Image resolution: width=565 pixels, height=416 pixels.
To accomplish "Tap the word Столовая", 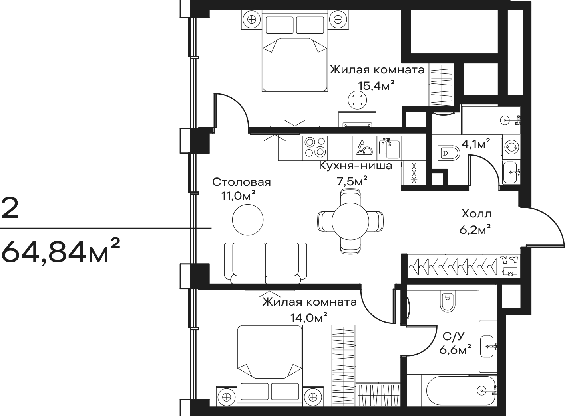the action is (x=241, y=182).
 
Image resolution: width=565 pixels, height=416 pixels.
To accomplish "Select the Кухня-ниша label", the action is (x=356, y=166).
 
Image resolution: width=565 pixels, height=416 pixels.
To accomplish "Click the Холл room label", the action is (x=477, y=214).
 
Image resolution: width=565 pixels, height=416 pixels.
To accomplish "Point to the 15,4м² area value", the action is (x=376, y=86).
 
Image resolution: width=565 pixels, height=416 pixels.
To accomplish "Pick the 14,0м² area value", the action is (x=309, y=318).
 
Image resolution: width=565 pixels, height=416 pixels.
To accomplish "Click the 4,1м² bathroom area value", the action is (x=476, y=144).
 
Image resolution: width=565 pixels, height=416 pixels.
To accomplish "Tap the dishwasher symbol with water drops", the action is (x=364, y=148).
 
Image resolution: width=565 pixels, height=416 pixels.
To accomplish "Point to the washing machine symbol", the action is (x=511, y=147).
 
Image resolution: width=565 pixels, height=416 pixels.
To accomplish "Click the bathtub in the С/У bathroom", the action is (x=461, y=391).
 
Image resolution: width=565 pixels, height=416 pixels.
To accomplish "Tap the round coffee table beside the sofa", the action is (x=248, y=220).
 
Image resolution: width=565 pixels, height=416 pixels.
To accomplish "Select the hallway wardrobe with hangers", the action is (x=463, y=266).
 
